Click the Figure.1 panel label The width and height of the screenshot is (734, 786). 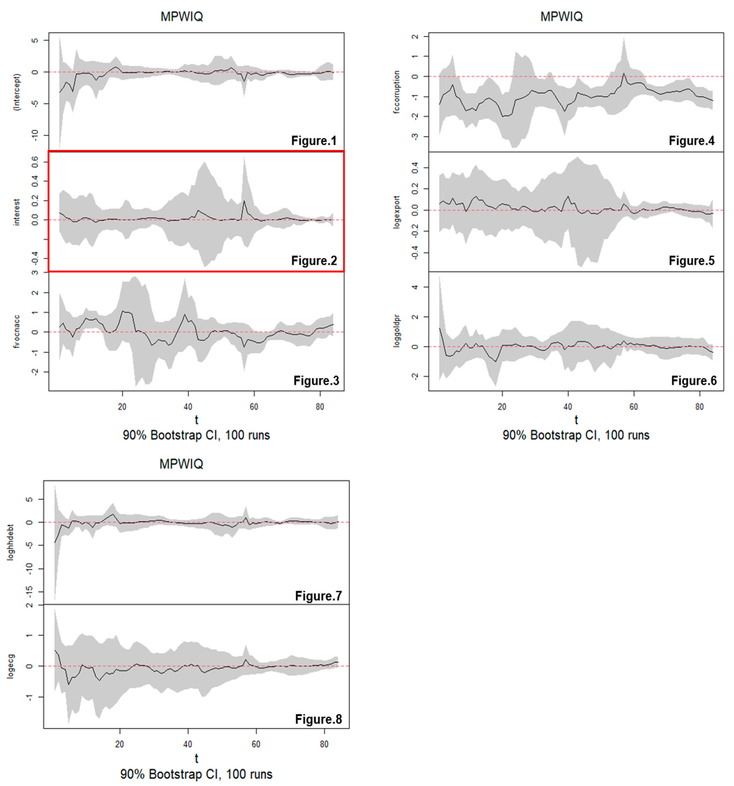coord(313,141)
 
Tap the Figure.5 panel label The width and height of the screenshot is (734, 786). coord(691,261)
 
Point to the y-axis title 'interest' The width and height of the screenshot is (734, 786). coord(17,212)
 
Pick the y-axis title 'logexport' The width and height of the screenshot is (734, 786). coord(397,212)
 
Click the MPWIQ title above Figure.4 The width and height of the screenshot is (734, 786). coord(561,17)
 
